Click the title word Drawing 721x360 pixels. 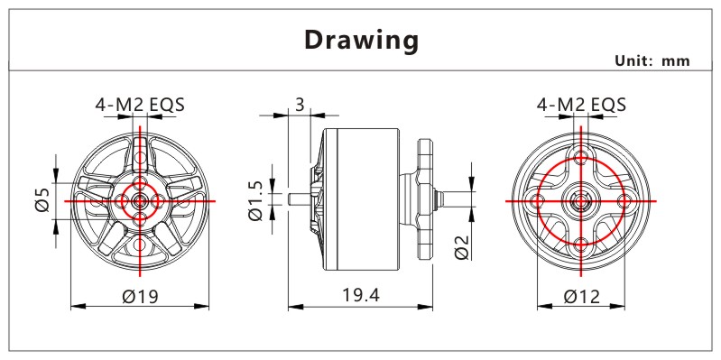[362, 40]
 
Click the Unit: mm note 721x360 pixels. [652, 60]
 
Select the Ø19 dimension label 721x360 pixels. [140, 297]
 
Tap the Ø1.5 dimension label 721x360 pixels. [255, 200]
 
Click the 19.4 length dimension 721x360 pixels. [361, 295]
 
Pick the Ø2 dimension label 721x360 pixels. [463, 246]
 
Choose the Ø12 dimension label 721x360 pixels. [582, 297]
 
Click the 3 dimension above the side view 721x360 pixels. [300, 105]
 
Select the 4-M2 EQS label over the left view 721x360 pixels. [140, 105]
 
